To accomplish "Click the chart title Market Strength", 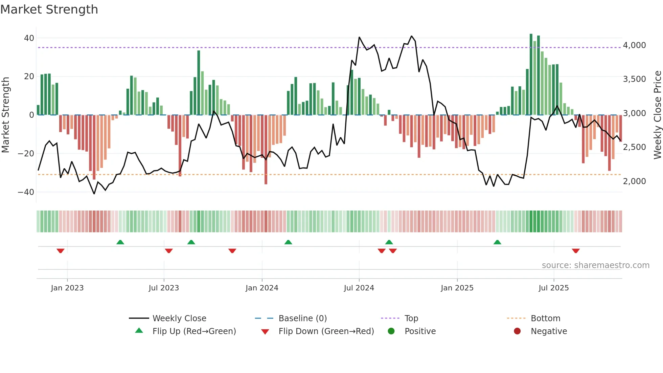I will click(49, 9).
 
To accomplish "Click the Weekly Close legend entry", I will click(179, 318).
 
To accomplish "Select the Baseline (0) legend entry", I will click(302, 318).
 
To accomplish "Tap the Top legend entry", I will click(411, 318).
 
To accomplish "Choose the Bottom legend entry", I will click(545, 318).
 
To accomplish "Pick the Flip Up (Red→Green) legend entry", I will click(194, 331).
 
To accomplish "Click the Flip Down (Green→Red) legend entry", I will click(326, 331).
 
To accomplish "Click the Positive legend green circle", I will click(391, 331).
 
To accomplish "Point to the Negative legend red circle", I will click(517, 331).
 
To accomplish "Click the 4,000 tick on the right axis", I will click(634, 45).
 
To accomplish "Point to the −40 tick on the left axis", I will click(26, 192).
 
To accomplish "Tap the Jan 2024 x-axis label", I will click(262, 288).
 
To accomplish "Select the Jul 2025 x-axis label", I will click(553, 288).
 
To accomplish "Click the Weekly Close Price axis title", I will click(657, 115).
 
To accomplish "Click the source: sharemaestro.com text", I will click(595, 265).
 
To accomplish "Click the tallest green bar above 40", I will click(531, 74).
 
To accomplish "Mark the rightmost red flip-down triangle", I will click(576, 251).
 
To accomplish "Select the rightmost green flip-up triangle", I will click(497, 242).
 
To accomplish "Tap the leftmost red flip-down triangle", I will click(61, 251).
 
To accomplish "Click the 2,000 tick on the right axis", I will click(634, 181).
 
